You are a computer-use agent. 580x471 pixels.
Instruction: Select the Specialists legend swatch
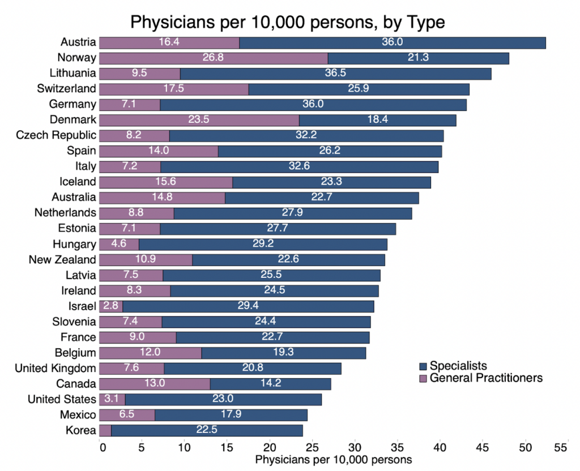[422, 366]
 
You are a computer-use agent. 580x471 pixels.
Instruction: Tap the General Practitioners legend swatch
[422, 378]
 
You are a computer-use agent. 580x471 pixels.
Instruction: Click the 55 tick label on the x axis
[560, 447]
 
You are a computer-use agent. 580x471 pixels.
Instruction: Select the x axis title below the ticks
[334, 459]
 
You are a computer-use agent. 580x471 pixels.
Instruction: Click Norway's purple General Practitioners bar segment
[213, 58]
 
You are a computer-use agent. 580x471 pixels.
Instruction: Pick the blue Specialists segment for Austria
[392, 43]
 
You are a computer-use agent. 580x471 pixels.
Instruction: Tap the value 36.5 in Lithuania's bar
[335, 74]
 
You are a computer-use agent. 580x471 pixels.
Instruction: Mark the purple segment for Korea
[105, 430]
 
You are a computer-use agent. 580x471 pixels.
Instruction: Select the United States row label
[62, 399]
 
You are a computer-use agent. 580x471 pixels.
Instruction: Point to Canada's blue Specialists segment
[270, 384]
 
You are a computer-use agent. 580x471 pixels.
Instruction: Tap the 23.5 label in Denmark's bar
[199, 120]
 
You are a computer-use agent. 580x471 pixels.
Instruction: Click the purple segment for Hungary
[118, 244]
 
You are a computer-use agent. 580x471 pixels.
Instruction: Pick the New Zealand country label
[62, 260]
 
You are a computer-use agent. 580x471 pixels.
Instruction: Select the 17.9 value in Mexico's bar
[231, 414]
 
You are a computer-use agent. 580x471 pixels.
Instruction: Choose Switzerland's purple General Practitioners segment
[173, 89]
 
